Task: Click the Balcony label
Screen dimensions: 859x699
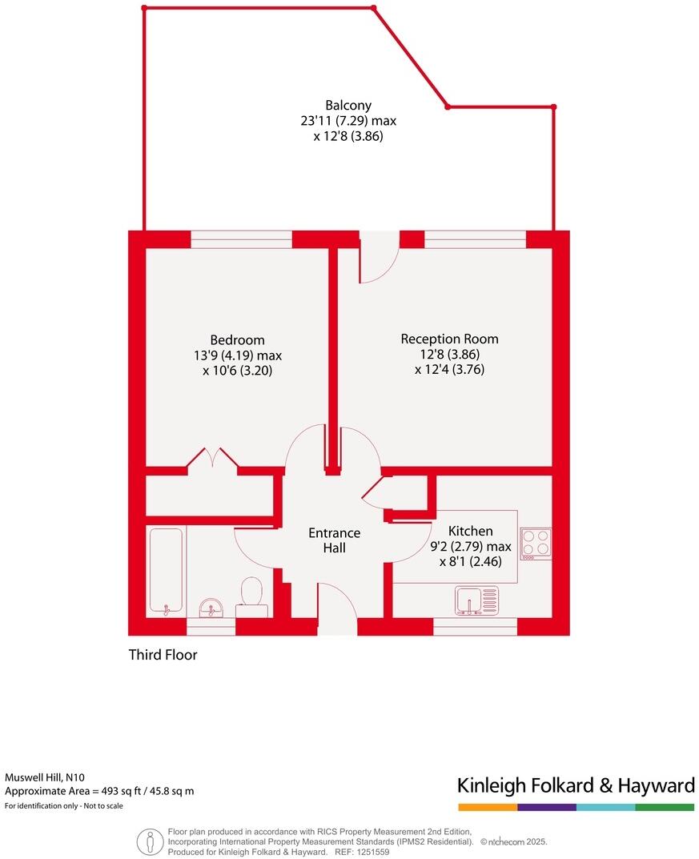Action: click(x=348, y=106)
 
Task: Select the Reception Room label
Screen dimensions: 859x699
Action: click(x=449, y=339)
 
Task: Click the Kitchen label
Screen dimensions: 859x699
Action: click(x=470, y=531)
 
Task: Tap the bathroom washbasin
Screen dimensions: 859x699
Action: click(x=212, y=608)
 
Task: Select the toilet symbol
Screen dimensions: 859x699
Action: click(x=251, y=596)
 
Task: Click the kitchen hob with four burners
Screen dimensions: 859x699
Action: click(x=536, y=543)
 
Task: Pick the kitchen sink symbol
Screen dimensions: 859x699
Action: click(x=476, y=600)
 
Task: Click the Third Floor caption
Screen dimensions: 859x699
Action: click(x=163, y=655)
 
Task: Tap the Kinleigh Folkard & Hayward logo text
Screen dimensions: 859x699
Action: click(x=575, y=785)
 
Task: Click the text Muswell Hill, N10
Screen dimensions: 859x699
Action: click(x=45, y=777)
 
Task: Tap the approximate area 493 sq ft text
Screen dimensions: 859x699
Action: click(x=99, y=791)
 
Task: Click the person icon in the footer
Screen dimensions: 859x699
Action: click(x=150, y=841)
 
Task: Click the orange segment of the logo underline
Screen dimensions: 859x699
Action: click(x=487, y=807)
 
